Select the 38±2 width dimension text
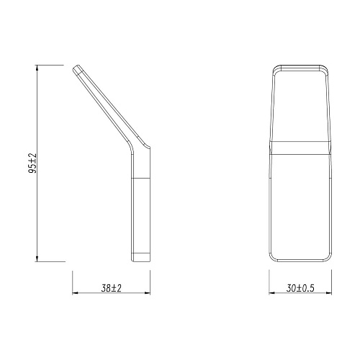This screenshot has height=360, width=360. (x=110, y=288)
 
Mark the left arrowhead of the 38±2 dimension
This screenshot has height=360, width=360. (x=76, y=294)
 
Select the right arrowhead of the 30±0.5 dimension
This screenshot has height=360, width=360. (x=331, y=294)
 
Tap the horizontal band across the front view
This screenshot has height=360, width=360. (x=302, y=148)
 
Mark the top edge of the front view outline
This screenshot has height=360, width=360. (x=302, y=66)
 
